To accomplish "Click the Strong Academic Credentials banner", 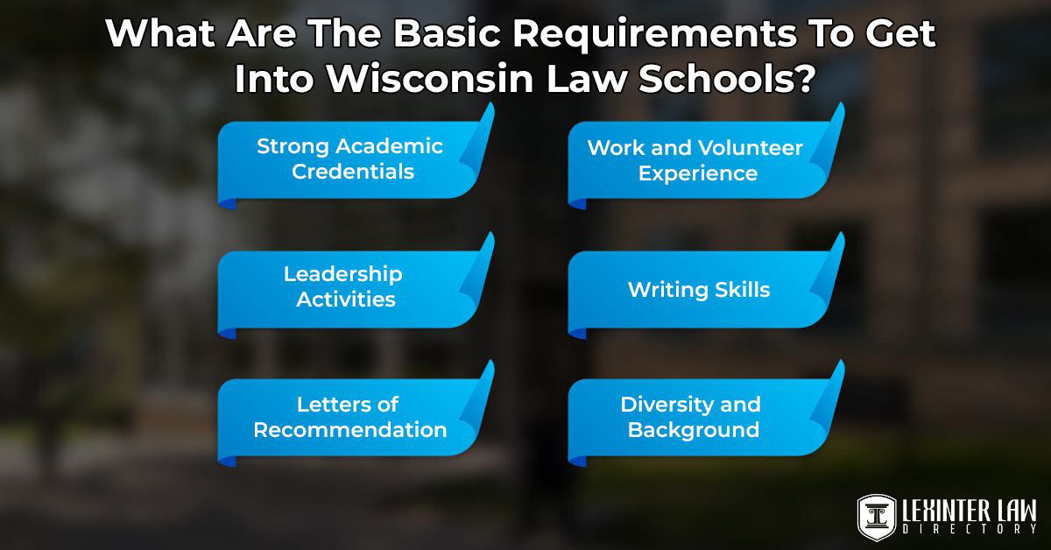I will coord(350,159).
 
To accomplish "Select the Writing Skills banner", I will coord(698,289).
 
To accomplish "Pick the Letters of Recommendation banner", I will coord(349,417).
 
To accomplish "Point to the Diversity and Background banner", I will coord(692,417).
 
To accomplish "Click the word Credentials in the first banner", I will coord(353,172).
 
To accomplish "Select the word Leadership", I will coord(343,274).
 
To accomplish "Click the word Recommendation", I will coord(350,430).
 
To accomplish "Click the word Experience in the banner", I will coord(697,173).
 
